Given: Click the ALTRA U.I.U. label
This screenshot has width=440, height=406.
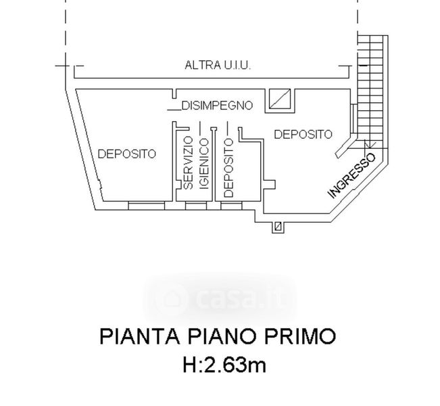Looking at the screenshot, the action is click(x=218, y=66).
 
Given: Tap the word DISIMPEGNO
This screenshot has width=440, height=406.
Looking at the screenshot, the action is click(x=218, y=106).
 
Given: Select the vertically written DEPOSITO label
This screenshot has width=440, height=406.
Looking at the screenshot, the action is click(x=228, y=168).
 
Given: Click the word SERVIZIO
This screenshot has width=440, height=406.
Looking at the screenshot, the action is click(x=188, y=162).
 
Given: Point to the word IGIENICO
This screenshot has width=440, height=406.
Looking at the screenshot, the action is click(x=204, y=164).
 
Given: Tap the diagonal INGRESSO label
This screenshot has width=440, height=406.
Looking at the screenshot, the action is click(x=352, y=176).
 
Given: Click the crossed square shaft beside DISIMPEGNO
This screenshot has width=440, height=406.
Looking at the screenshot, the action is click(x=280, y=99).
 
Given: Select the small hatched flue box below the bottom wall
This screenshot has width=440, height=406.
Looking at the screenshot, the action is click(x=278, y=226).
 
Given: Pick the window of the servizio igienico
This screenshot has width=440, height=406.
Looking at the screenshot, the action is click(x=196, y=206).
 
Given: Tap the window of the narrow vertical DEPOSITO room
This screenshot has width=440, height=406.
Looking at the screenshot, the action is click(x=231, y=206).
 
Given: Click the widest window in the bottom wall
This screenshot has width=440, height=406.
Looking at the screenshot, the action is click(x=146, y=206).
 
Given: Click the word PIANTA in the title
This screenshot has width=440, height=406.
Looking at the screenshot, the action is click(x=140, y=336).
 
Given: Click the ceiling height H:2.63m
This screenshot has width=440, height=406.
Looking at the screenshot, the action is click(x=224, y=365).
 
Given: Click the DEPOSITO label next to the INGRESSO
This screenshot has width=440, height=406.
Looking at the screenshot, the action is click(x=303, y=134).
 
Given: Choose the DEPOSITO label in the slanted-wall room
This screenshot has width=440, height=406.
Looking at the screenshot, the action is click(x=126, y=154).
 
